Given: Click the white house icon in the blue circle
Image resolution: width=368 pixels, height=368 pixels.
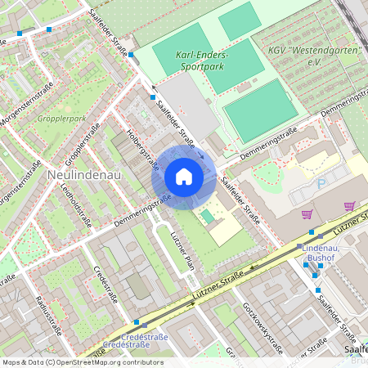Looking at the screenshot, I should click(184, 177).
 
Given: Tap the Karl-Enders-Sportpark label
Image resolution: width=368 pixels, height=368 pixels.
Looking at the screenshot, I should click(202, 61).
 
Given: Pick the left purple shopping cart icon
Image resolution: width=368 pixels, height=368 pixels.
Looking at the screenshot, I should click(307, 214).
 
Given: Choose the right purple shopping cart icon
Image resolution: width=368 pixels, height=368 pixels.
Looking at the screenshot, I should click(349, 206).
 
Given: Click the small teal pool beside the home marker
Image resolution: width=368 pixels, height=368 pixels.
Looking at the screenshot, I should click(208, 217).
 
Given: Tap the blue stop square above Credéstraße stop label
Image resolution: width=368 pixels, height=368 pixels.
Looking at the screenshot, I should click(136, 323).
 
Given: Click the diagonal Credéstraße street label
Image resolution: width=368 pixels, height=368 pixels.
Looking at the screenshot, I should click(108, 283).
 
